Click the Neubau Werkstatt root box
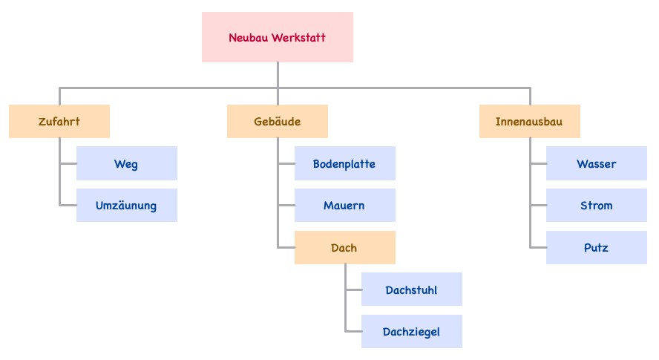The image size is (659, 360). (277, 37)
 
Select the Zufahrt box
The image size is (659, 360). (59, 122)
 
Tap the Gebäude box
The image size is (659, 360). (277, 122)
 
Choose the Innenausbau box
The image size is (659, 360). (529, 122)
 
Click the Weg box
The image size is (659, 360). (126, 163)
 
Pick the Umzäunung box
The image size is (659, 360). (126, 206)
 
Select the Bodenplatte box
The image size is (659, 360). (344, 163)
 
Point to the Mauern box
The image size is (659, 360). (344, 206)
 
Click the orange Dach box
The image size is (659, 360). (344, 248)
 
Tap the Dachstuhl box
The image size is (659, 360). (411, 289)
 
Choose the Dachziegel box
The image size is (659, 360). (411, 332)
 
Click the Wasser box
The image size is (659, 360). (597, 163)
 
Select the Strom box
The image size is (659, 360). (597, 206)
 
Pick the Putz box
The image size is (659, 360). (597, 248)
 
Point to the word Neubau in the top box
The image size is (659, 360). (249, 38)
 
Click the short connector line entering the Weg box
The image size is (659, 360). (68, 163)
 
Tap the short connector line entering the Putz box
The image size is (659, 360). (538, 248)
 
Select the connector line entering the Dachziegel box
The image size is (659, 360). (353, 332)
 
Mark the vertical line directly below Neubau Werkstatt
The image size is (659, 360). (278, 74)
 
